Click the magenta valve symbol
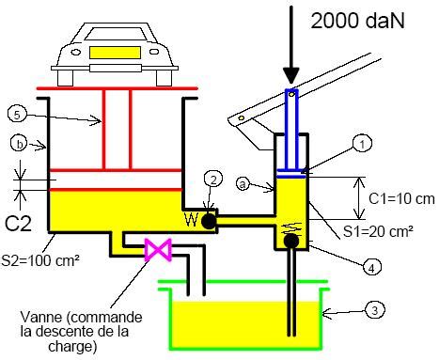154,250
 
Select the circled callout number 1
360,145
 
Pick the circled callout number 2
214,179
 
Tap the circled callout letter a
243,187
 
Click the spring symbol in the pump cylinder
290,226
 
